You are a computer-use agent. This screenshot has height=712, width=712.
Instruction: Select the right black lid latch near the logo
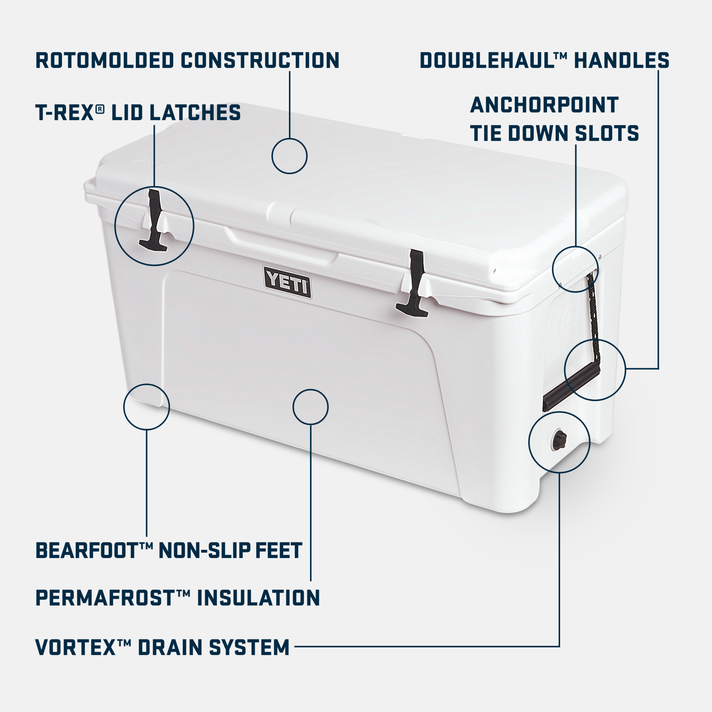[413, 283]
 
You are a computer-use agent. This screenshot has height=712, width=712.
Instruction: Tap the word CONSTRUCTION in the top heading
[260, 60]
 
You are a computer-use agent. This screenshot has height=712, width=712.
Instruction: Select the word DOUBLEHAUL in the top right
[488, 60]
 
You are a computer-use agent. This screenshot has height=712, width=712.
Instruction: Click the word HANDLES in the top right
[622, 60]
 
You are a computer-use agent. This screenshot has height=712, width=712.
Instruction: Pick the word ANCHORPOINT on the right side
[544, 105]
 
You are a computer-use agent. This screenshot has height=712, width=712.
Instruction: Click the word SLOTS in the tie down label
[607, 133]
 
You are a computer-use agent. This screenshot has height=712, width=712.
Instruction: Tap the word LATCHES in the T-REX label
[195, 113]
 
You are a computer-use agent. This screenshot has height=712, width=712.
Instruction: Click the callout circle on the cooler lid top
[289, 156]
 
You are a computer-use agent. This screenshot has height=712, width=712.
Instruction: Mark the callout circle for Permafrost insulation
[310, 407]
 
